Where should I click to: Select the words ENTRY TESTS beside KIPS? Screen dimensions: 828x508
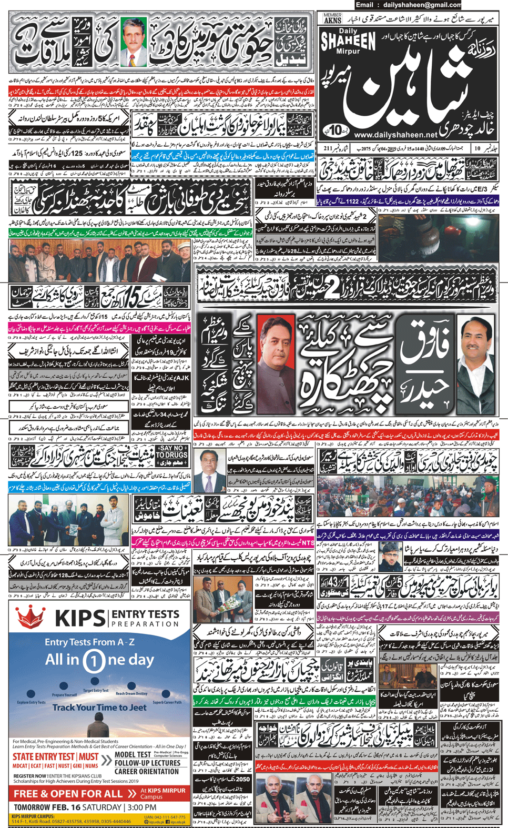145,614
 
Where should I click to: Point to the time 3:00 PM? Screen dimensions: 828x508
141,807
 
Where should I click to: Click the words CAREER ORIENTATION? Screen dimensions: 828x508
147,772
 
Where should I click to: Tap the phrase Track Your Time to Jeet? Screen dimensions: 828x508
99,708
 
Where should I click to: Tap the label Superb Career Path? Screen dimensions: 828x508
167,702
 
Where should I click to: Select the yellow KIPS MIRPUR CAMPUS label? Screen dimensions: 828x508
33,816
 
